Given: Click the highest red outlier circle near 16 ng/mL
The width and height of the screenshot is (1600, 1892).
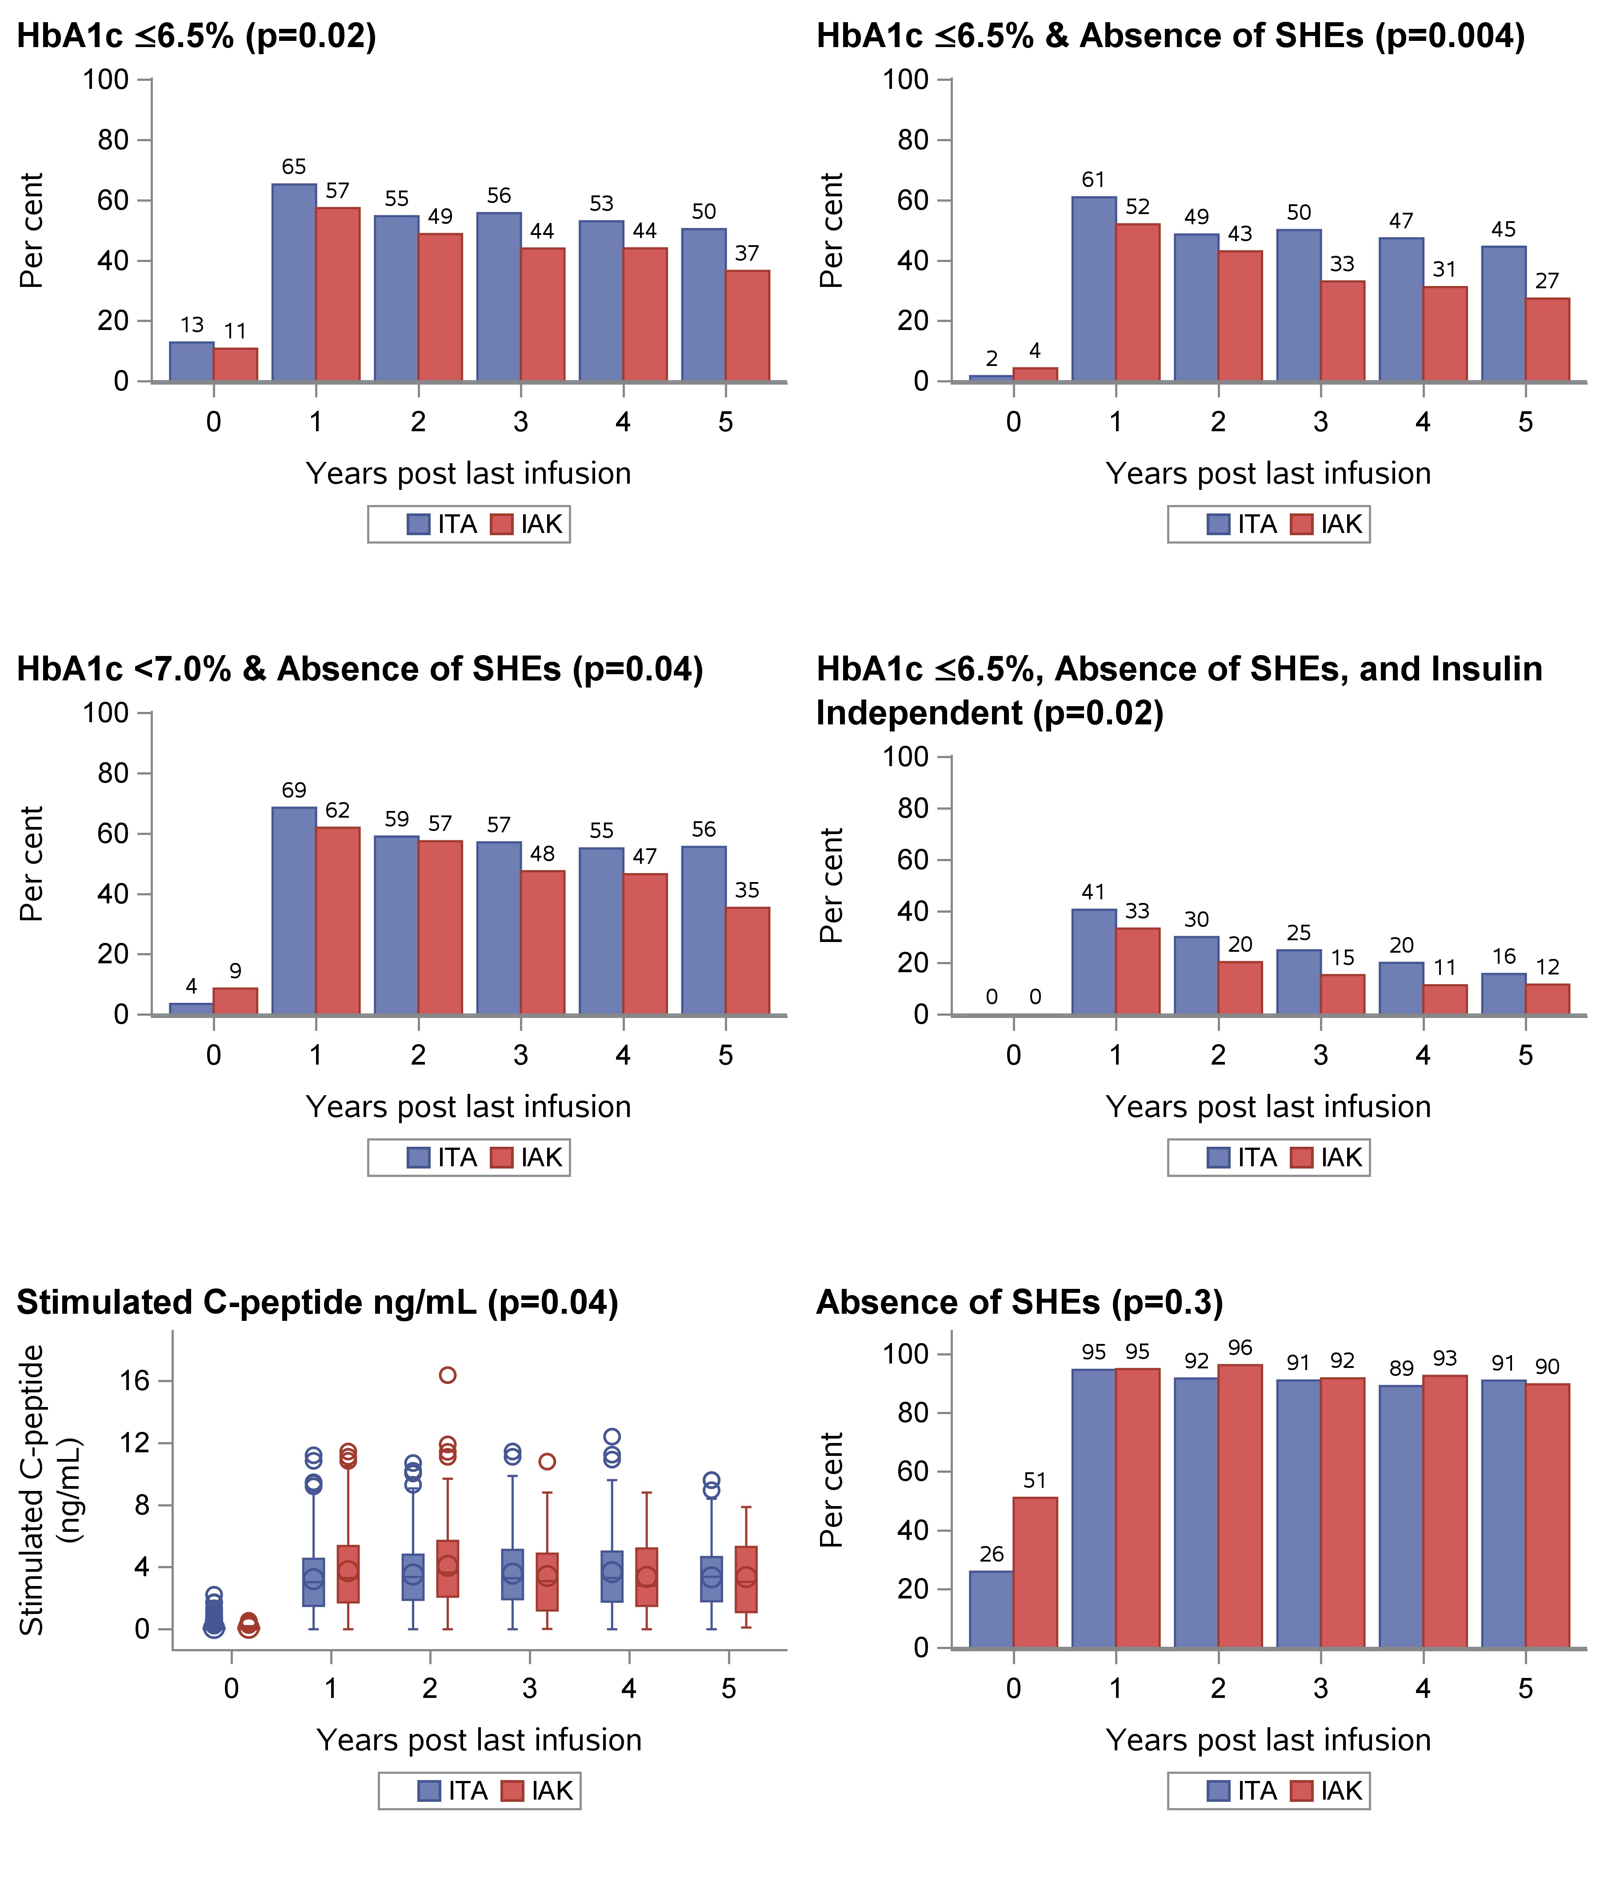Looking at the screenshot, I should [x=447, y=1375].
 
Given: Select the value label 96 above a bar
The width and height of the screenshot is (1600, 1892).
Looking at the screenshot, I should [x=1240, y=1348].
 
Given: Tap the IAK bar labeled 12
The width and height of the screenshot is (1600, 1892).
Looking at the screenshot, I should [x=1548, y=999].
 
